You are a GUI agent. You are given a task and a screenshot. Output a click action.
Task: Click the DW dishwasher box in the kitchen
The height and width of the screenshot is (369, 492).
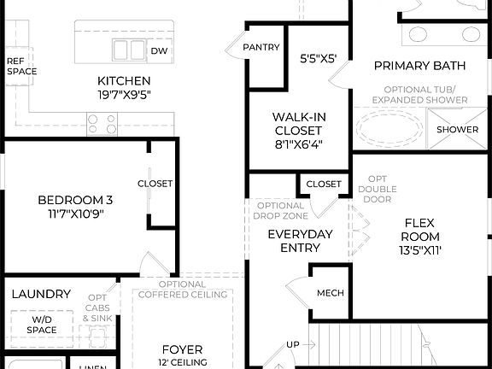click(x=159, y=51)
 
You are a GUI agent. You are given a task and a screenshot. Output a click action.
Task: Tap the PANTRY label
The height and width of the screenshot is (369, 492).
click(x=261, y=47)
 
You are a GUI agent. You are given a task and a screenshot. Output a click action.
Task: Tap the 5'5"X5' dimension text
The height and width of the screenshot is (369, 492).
click(x=319, y=60)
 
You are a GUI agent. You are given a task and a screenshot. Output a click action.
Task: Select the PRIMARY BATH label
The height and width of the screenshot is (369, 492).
click(x=419, y=66)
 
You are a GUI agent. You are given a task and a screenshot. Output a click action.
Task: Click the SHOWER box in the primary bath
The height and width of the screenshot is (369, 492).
click(x=458, y=130)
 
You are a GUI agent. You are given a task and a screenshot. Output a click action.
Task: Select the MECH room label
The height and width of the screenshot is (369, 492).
click(x=330, y=293)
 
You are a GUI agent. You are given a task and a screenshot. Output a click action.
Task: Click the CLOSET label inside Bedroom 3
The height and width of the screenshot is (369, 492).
click(x=155, y=184)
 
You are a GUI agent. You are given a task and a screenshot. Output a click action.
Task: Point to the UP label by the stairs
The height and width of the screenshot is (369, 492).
click(x=293, y=344)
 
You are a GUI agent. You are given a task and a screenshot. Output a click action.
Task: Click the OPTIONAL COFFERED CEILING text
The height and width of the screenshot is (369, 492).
click(x=182, y=290)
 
